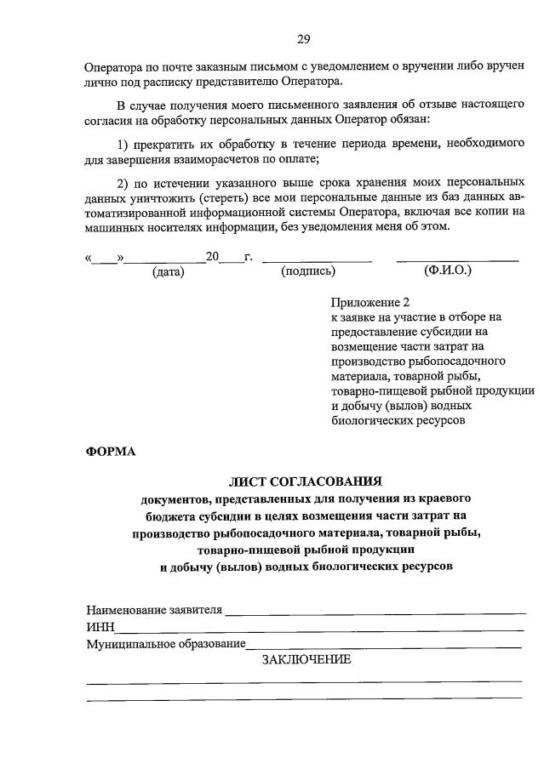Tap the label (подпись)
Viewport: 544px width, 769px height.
click(x=307, y=271)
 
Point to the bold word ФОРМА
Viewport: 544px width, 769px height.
click(x=111, y=451)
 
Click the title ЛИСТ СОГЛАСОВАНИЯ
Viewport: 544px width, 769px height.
click(x=306, y=481)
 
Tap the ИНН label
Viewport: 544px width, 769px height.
click(x=100, y=627)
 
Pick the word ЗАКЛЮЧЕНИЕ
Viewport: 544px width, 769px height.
click(x=306, y=660)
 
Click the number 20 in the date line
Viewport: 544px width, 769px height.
click(x=212, y=256)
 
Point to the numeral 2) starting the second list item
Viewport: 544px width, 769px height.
click(x=123, y=182)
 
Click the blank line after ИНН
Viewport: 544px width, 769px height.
click(x=319, y=630)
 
